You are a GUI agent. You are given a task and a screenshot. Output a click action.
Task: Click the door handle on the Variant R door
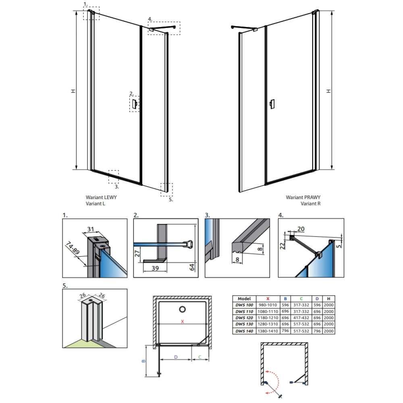[272, 104]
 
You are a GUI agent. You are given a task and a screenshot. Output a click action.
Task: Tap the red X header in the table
[268, 299]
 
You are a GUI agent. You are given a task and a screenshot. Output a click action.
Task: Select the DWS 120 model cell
[244, 318]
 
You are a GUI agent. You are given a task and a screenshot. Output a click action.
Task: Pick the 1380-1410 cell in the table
[268, 331]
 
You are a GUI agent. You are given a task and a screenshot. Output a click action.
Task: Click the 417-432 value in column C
[301, 318]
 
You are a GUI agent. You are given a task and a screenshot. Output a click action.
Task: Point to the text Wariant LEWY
[101, 197]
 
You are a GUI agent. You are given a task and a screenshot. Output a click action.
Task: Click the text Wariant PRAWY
[303, 197]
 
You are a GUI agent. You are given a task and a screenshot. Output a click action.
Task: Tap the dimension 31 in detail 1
[90, 229]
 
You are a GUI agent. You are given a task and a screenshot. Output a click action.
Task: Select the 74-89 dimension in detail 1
[73, 247]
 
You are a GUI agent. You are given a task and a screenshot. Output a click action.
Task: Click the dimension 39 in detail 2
[155, 268]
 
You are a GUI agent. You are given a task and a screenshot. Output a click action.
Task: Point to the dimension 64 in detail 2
[192, 267]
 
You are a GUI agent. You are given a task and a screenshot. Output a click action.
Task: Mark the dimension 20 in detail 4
[301, 229]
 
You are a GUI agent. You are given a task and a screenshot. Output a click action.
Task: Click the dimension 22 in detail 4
[283, 246]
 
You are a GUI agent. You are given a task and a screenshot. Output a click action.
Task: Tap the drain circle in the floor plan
[183, 309]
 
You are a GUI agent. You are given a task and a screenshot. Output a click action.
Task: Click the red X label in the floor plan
[183, 321]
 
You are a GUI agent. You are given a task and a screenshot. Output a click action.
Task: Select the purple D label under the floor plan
[176, 357]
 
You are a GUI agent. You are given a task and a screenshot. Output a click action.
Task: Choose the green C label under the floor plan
[200, 357]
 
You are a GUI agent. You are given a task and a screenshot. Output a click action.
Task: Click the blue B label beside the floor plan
[143, 361]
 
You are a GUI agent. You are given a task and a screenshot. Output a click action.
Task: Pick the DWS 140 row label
[244, 331]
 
